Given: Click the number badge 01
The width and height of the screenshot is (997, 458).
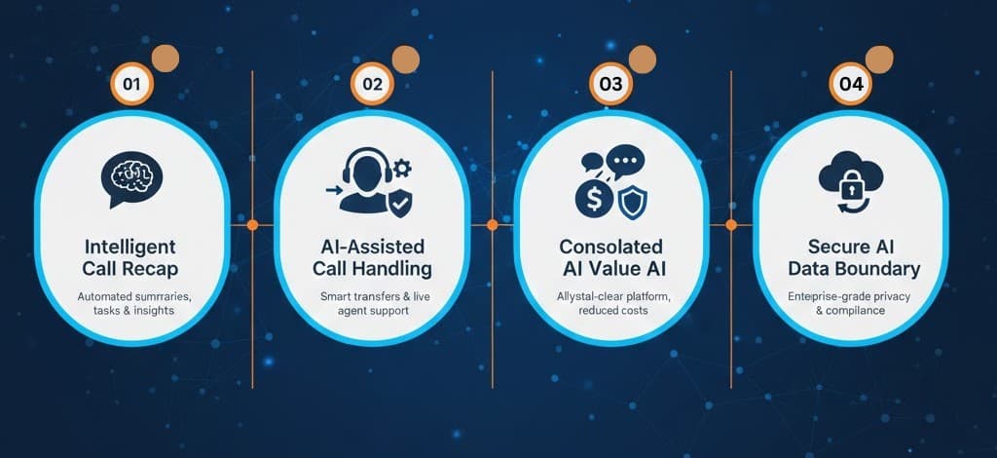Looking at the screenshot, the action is pyautogui.click(x=132, y=84).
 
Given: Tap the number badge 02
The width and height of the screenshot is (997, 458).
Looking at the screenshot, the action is pyautogui.click(x=372, y=84).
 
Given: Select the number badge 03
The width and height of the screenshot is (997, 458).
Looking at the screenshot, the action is pyautogui.click(x=610, y=84).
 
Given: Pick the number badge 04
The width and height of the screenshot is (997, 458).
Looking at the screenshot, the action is pyautogui.click(x=851, y=84).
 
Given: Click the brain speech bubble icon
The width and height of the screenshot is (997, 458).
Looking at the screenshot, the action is pyautogui.click(x=131, y=178).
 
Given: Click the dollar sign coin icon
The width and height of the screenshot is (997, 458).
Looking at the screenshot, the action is pyautogui.click(x=594, y=199).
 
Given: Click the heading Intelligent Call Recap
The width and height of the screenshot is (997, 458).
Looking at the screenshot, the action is pyautogui.click(x=131, y=257).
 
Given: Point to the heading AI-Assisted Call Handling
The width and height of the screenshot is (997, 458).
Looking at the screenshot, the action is pyautogui.click(x=372, y=257).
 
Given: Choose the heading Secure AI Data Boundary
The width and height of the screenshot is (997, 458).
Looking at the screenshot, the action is pyautogui.click(x=853, y=257).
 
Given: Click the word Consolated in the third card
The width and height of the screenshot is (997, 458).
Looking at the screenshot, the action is pyautogui.click(x=610, y=247).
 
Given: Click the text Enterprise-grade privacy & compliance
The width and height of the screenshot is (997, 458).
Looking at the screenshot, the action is pyautogui.click(x=849, y=303).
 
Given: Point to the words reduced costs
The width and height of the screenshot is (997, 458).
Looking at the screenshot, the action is pyautogui.click(x=613, y=311).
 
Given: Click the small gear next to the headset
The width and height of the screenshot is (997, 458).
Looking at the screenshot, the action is pyautogui.click(x=402, y=168).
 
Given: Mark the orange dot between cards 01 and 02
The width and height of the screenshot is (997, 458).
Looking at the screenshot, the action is pyautogui.click(x=252, y=224).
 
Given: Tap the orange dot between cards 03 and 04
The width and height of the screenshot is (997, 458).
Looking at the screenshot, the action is pyautogui.click(x=731, y=224).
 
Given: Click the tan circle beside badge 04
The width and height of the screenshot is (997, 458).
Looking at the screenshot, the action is pyautogui.click(x=879, y=58).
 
